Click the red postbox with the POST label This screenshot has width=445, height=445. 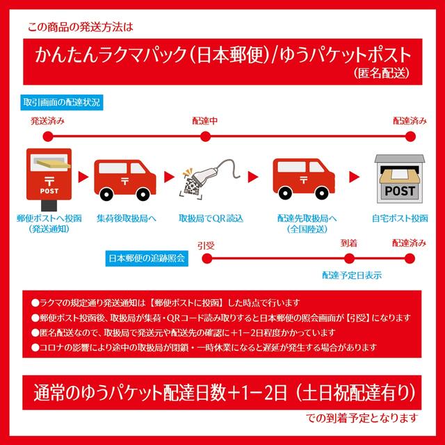pos(49,179)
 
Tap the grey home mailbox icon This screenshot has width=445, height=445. pos(400,179)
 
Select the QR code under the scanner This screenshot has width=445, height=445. pos(191,186)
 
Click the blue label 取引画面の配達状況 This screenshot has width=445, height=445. pos(62,102)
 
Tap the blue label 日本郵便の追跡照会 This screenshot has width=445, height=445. pos(147,258)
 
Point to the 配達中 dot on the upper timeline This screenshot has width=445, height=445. pos(205,136)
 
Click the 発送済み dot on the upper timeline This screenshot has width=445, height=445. pos(48,136)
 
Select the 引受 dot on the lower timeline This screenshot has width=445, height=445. pos(207,259)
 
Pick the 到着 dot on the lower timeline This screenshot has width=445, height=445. pos(349,259)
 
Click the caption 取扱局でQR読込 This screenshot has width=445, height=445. pos(211,218)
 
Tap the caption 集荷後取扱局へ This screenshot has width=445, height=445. pos(127,218)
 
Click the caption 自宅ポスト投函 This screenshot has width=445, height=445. pos(400,218)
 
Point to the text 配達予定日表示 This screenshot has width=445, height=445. pos(352,275)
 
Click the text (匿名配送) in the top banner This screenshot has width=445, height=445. pos(382,73)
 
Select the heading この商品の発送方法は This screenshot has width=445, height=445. pos(81,27)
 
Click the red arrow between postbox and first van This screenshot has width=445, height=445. pos(83,177)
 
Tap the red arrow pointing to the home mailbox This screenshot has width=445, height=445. pos(354,177)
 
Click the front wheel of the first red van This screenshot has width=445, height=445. pos(143,194)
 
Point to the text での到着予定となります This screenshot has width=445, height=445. pos(362,418)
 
